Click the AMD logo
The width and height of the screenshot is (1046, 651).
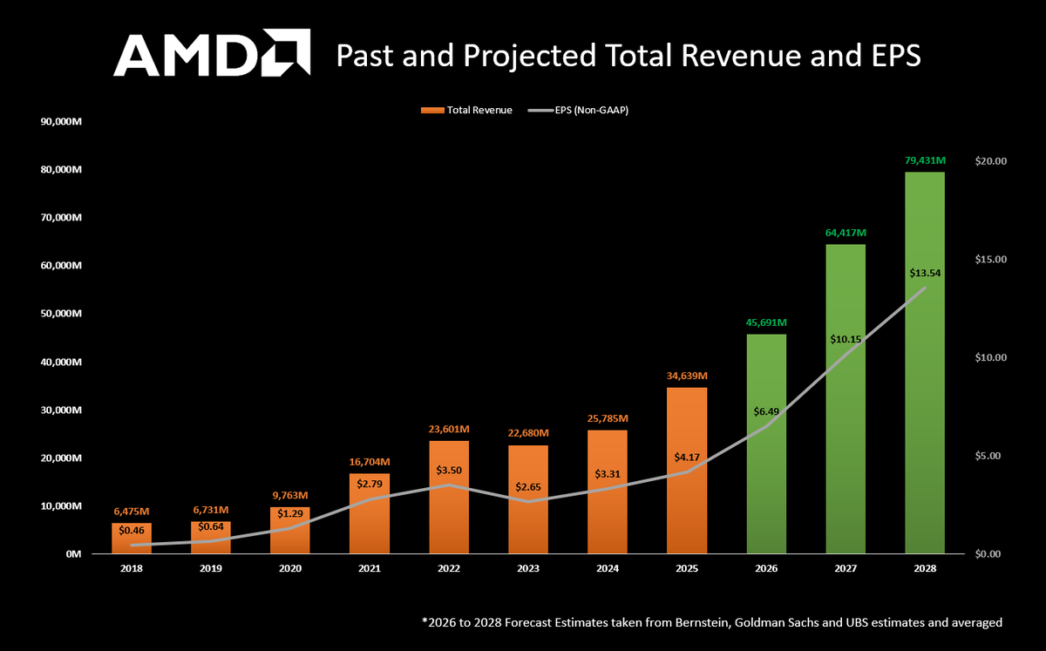tap(212, 54)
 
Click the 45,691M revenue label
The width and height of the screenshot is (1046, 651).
tap(767, 322)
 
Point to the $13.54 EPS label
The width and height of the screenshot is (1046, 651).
tap(925, 273)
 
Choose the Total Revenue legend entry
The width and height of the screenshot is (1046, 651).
tap(466, 110)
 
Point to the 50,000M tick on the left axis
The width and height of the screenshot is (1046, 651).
tap(61, 314)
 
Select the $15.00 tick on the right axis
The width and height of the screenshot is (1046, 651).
tap(989, 260)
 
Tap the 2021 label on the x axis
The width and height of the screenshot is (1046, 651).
tap(370, 568)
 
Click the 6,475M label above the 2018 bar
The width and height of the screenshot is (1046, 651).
tap(132, 512)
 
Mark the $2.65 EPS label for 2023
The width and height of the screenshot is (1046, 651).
tap(528, 486)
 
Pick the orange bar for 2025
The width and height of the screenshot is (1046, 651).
tap(687, 471)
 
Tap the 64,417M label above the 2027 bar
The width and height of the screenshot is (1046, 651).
tap(846, 233)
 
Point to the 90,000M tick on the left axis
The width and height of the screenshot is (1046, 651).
tap(61, 121)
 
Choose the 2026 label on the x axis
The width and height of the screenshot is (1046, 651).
tap(766, 568)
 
